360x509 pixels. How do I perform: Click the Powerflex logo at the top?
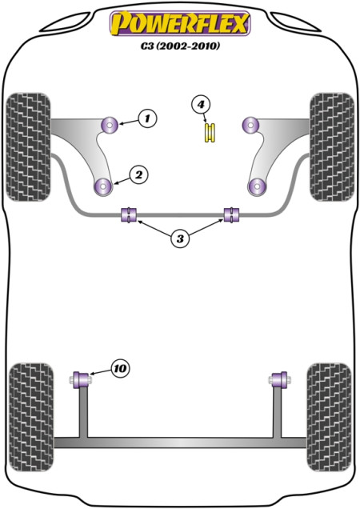point(180,23)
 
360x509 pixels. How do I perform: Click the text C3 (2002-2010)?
point(180,46)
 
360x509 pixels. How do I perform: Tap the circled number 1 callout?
point(147,118)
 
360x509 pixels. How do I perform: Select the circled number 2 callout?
point(138,175)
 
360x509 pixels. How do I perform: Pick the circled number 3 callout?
point(180,239)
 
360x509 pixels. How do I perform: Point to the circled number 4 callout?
point(201,105)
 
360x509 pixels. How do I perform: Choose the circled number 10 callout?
point(120,368)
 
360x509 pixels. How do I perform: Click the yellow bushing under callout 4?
point(210,133)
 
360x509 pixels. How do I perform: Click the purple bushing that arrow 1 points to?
point(109,125)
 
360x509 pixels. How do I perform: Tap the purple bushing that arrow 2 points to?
point(103,187)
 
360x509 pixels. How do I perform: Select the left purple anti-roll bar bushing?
point(129,214)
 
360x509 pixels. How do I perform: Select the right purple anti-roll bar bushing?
point(231,214)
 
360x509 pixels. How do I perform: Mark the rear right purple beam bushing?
point(280,380)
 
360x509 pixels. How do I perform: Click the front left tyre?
point(29,147)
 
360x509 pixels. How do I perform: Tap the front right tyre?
point(332,147)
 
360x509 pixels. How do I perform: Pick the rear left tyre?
point(31,417)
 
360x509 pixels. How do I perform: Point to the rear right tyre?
point(329,417)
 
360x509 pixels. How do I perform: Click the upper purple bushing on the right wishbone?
point(250,125)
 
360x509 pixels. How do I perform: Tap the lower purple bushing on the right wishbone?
point(257,187)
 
